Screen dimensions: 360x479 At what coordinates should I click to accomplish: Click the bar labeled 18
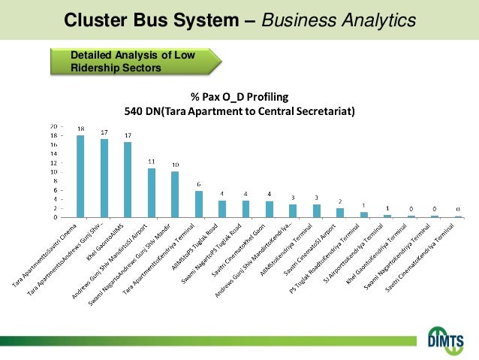click(80, 177)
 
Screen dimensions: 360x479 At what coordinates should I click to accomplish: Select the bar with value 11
click(152, 193)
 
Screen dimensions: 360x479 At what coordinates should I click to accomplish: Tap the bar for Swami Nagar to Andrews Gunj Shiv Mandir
click(175, 195)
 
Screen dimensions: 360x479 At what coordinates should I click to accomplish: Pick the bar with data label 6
click(199, 204)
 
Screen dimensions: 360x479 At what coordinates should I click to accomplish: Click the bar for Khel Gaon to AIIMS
click(128, 180)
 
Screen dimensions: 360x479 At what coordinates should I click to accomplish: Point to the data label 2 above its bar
click(340, 201)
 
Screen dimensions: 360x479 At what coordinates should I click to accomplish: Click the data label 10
click(175, 165)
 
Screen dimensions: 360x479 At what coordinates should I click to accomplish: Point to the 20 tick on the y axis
click(53, 126)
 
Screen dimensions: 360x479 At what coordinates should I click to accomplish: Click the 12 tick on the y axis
click(53, 162)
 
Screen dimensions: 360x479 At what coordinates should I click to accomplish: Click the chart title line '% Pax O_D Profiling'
click(239, 97)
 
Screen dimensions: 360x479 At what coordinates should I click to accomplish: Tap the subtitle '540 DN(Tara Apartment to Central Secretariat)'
click(239, 112)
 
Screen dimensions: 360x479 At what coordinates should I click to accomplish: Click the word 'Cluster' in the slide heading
click(94, 19)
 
